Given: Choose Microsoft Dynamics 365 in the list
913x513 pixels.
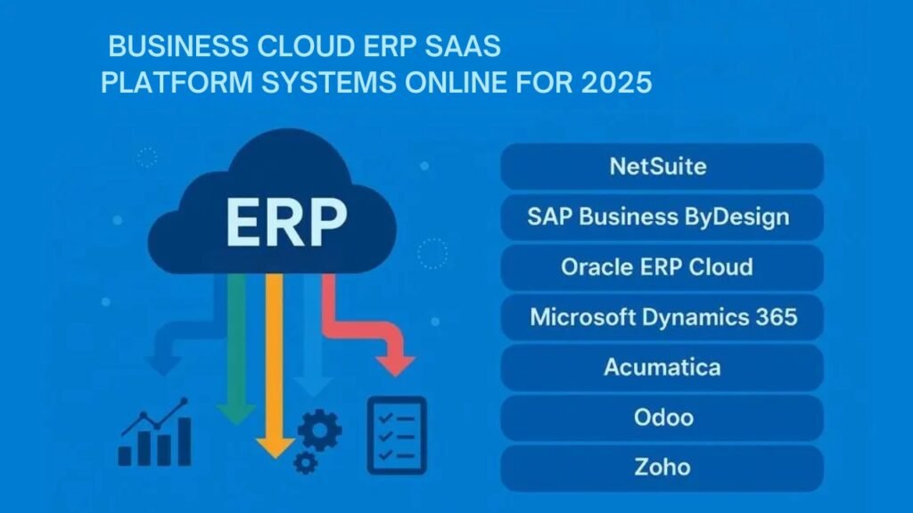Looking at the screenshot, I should (662, 317).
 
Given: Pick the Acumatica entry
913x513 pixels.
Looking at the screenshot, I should (662, 367).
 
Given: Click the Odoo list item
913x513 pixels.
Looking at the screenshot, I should (662, 417).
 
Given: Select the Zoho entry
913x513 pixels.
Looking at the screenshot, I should (662, 467).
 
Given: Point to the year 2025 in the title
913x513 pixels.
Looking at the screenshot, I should (620, 83).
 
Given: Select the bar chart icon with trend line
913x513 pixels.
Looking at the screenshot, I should (155, 435).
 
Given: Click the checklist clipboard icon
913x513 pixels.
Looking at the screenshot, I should (397, 435).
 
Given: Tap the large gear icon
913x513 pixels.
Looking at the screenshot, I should (320, 430).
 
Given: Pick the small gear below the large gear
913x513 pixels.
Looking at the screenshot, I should (305, 462).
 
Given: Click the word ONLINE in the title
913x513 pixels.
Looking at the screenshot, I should (469, 83).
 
